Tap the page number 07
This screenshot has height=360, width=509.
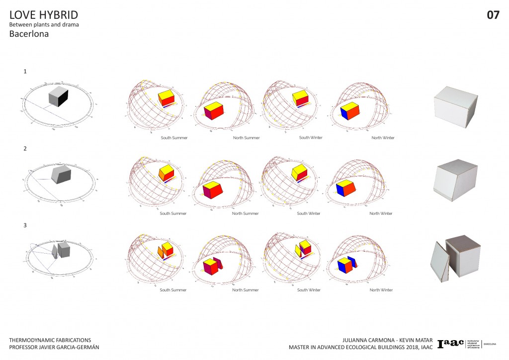(493, 15)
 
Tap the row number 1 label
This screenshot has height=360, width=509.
(25, 71)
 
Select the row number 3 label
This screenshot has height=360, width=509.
(25, 225)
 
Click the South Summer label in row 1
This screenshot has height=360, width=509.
(173, 137)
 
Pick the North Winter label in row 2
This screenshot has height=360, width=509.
(381, 214)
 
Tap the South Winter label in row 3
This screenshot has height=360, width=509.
(309, 290)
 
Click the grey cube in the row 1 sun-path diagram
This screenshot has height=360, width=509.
(58, 95)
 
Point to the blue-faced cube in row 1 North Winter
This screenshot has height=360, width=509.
(350, 112)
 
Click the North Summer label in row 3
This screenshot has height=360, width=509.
(246, 290)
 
